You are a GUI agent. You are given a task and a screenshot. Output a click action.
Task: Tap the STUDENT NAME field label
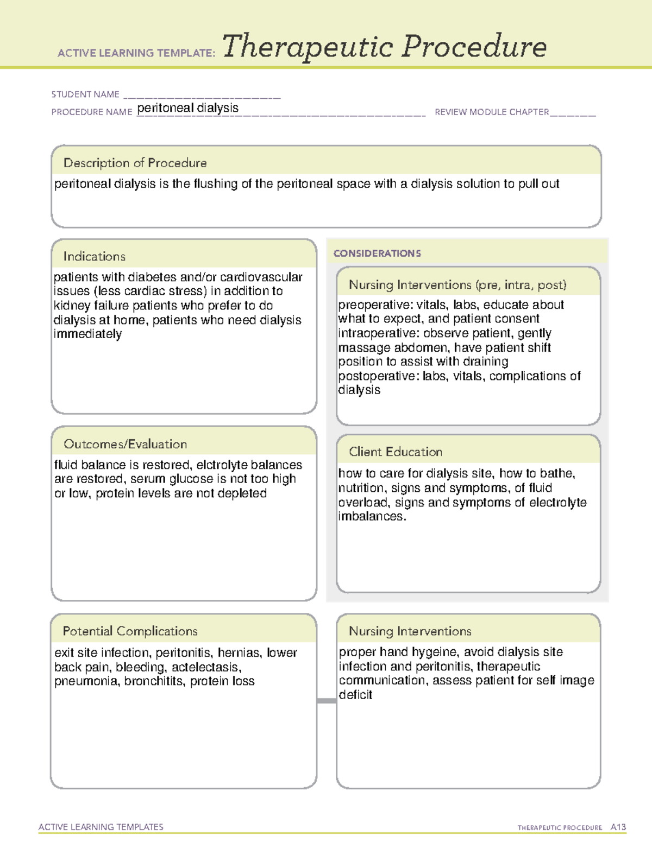click(85, 94)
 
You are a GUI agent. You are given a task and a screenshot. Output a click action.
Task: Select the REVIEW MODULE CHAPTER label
click(492, 112)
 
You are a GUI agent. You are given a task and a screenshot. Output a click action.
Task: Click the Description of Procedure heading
click(135, 163)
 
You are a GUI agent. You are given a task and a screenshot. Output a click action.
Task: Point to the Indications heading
click(94, 256)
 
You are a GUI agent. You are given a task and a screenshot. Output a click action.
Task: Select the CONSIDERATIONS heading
click(377, 253)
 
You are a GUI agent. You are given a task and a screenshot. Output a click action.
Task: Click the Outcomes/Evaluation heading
click(125, 444)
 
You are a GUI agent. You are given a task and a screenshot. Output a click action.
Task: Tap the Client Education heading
click(395, 452)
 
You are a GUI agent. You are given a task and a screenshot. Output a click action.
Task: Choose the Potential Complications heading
click(130, 631)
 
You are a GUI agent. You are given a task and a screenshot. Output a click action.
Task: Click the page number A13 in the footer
click(618, 827)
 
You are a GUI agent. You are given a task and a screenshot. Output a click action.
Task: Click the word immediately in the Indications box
click(87, 334)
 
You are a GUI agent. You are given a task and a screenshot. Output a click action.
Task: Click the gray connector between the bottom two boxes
click(327, 701)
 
